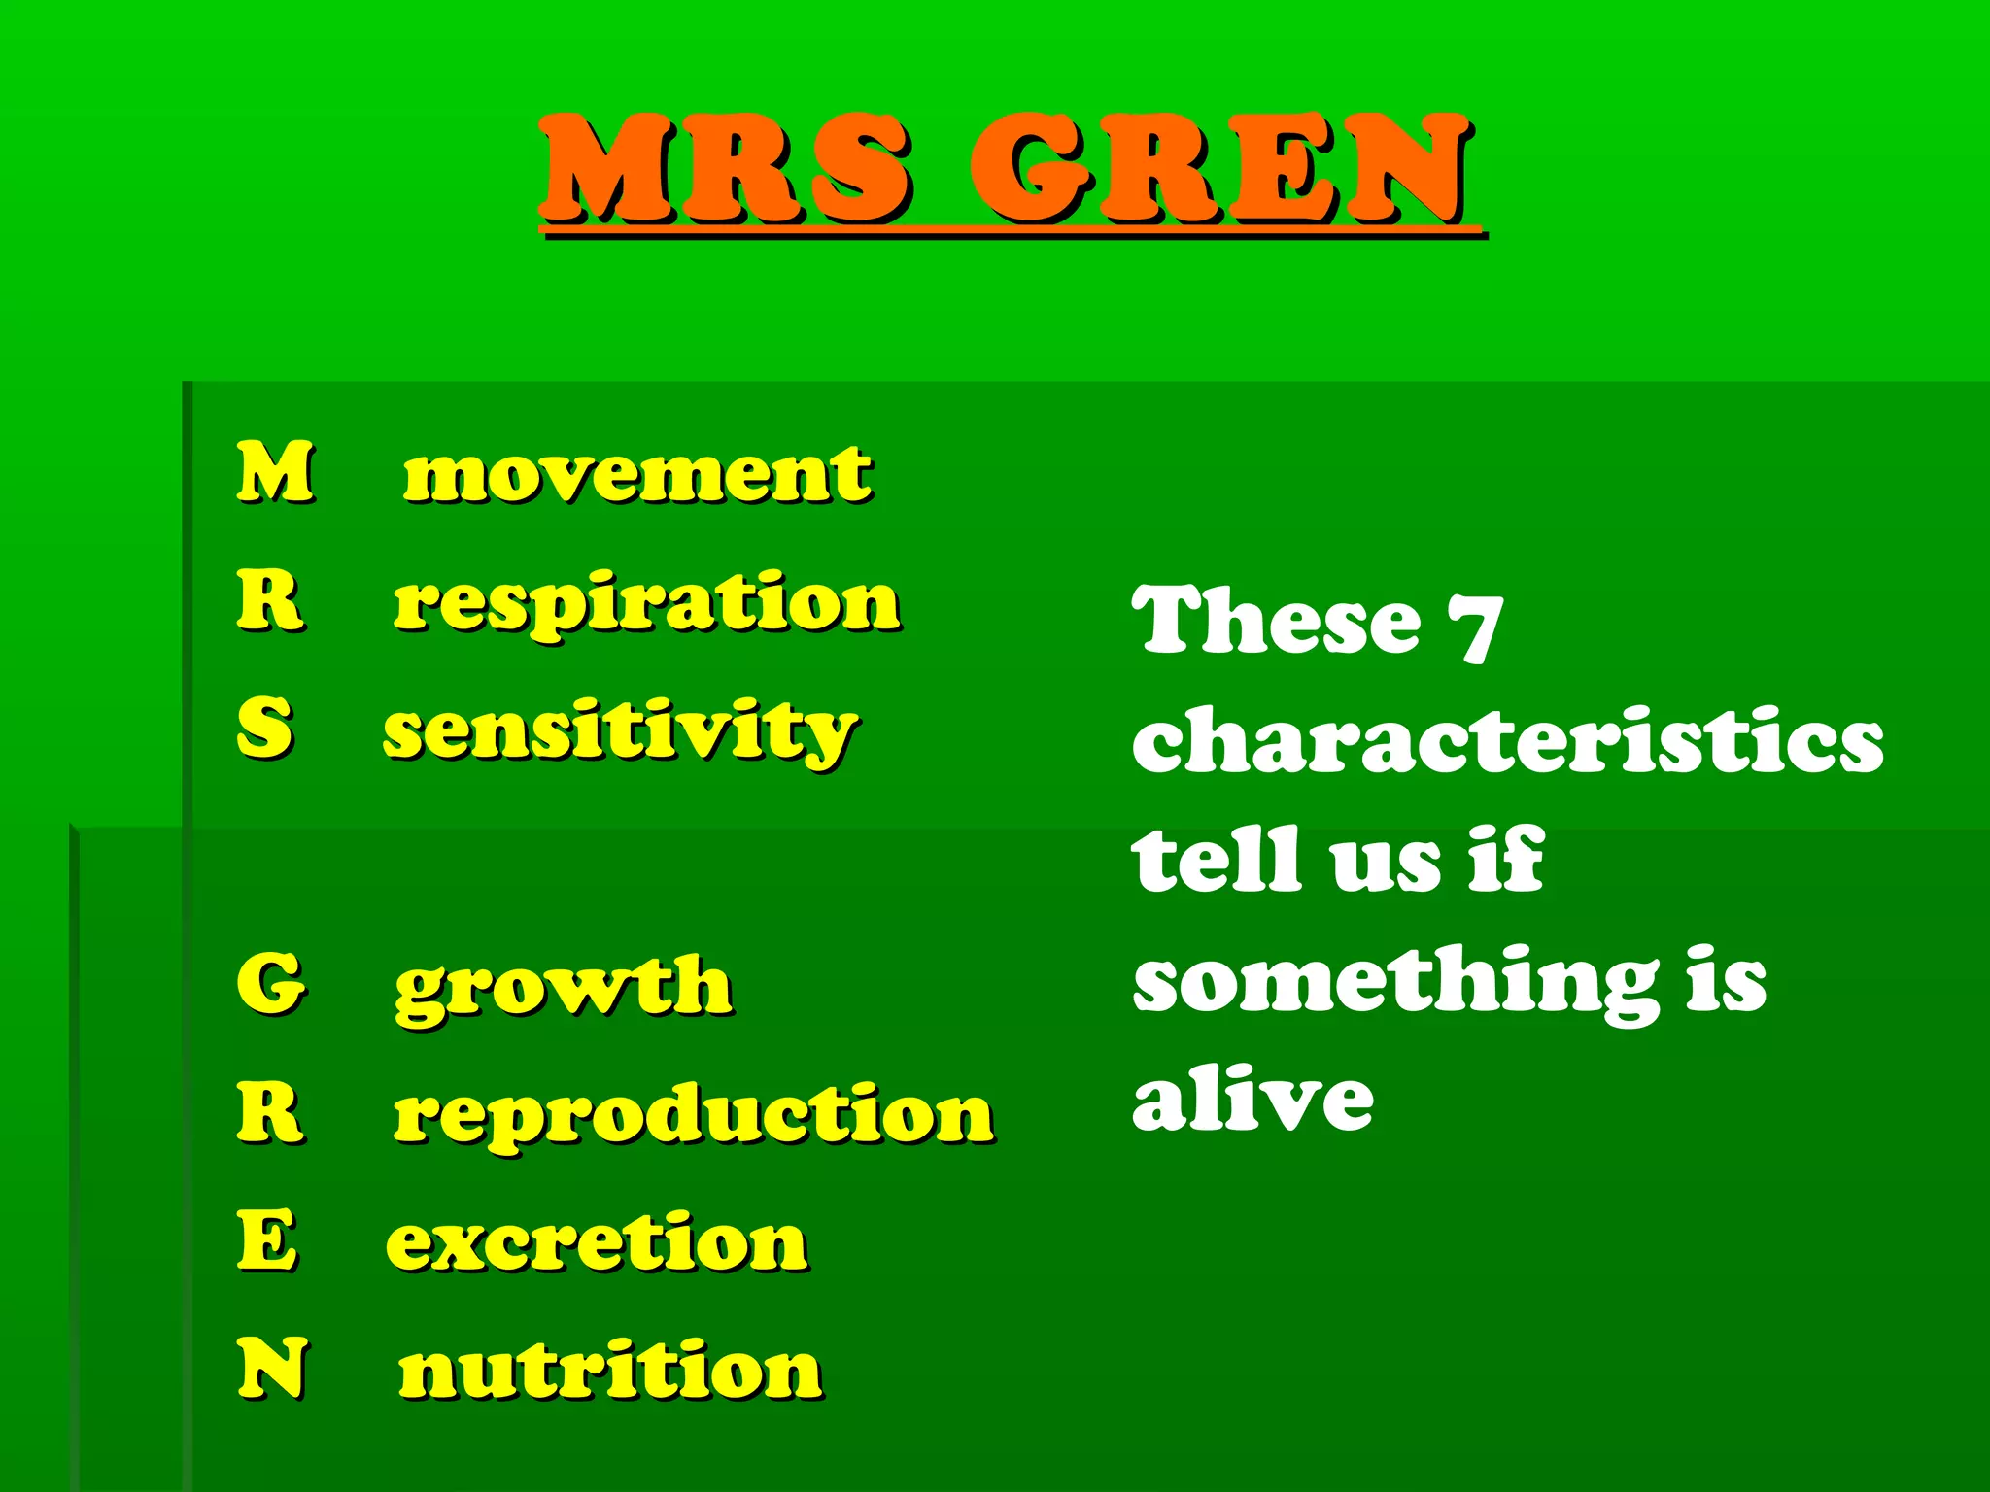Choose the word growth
pos(564,987)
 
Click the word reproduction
pos(694,1115)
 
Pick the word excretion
pos(597,1243)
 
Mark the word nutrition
pos(610,1370)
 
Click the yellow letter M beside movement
pos(276,472)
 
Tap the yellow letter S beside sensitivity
pos(264,729)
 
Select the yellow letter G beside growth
pos(271,983)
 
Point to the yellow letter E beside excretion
pos(267,1240)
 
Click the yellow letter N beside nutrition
pos(273,1368)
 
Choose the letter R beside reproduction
pos(270,1113)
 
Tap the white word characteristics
pos(1507,740)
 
